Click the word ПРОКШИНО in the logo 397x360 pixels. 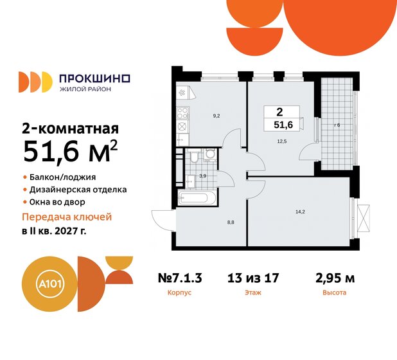[94, 78]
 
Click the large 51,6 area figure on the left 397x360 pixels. [63, 152]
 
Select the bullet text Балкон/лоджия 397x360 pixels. [58, 176]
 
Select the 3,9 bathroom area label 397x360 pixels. [202, 174]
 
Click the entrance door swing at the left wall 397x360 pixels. [162, 219]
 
